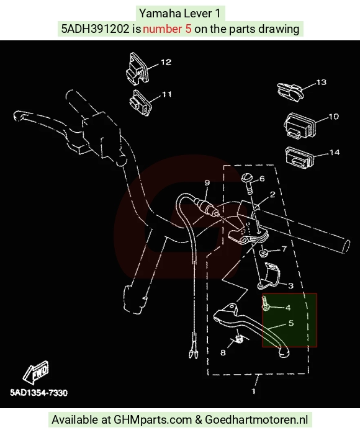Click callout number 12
pyautogui.click(x=166, y=62)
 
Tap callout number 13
pyautogui.click(x=321, y=83)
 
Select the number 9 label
pyautogui.click(x=207, y=182)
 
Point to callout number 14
pyautogui.click(x=335, y=153)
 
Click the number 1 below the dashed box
pyautogui.click(x=253, y=391)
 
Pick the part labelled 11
pyautogui.click(x=140, y=102)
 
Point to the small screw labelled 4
pyautogui.click(x=265, y=303)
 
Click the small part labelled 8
pyautogui.click(x=239, y=339)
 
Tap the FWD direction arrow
pyautogui.click(x=35, y=372)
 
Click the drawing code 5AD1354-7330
pyautogui.click(x=38, y=393)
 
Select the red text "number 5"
pyautogui.click(x=167, y=29)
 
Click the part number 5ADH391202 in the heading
pyautogui.click(x=95, y=29)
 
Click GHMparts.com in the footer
pyautogui.click(x=153, y=420)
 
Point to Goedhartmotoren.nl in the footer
pyautogui.click(x=256, y=420)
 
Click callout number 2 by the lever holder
pyautogui.click(x=272, y=195)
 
